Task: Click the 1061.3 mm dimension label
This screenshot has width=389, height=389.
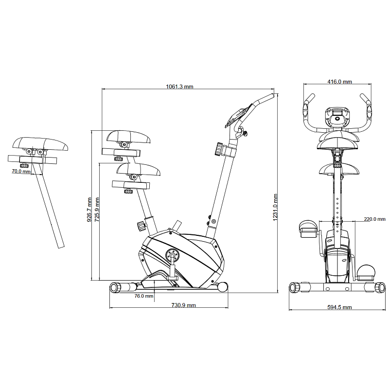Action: [x=179, y=87]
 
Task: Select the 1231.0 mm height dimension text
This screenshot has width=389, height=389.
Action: [x=275, y=208]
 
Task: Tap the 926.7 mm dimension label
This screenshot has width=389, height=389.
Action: [x=89, y=210]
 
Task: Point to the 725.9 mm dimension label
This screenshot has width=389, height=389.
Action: [x=97, y=210]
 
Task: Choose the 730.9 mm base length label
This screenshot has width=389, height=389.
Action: [x=184, y=305]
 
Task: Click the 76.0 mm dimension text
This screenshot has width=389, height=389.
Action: [x=144, y=296]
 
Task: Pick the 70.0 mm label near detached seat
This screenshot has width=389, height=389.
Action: [x=21, y=171]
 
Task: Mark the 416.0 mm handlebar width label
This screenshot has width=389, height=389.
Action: [x=339, y=82]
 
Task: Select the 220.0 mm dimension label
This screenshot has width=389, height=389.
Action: [x=374, y=219]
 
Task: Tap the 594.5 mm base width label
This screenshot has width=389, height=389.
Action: [x=339, y=307]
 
